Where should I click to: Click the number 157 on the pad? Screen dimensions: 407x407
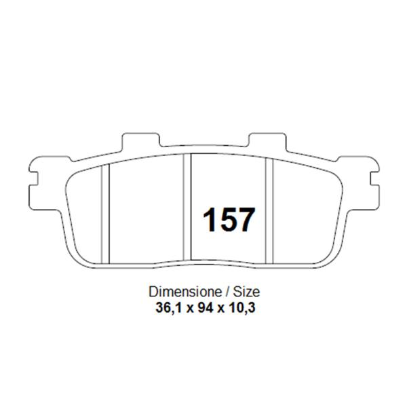pos(229,219)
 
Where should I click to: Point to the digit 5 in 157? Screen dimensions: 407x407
pos(228,219)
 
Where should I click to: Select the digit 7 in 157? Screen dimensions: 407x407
pos(246,219)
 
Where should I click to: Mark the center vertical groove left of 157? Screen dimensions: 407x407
pos(189,207)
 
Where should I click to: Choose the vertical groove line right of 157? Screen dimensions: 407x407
pos(271,210)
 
